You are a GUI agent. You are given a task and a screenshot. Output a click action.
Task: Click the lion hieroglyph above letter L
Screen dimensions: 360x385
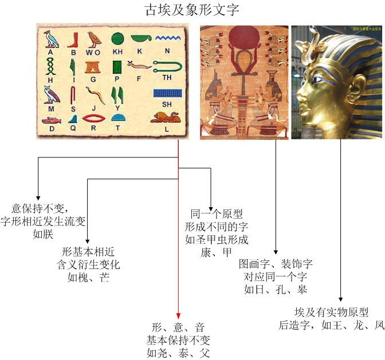click(x=165, y=117)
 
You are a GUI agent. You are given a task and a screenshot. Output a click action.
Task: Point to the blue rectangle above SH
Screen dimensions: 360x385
click(x=167, y=93)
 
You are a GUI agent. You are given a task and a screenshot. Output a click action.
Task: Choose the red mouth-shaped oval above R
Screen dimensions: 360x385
click(x=93, y=118)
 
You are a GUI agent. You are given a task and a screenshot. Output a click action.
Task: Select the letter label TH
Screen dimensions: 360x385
click(x=167, y=77)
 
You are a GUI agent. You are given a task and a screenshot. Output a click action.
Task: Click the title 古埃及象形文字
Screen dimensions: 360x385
click(x=192, y=10)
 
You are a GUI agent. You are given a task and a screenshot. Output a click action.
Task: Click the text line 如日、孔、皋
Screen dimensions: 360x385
click(x=276, y=290)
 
